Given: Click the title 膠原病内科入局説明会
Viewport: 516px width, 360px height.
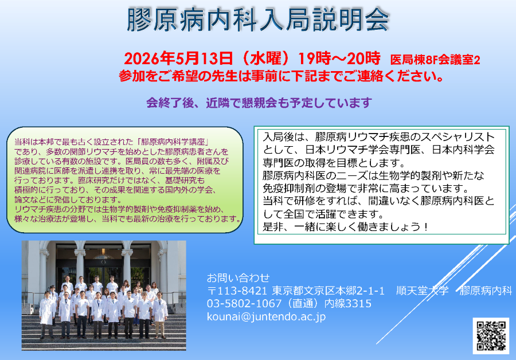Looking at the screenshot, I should (x=259, y=19).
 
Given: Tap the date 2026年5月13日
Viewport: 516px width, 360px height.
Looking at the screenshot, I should (x=178, y=58).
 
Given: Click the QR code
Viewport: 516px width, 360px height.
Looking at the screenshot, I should (x=491, y=335).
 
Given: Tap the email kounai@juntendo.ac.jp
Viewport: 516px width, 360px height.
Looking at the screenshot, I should (x=267, y=316).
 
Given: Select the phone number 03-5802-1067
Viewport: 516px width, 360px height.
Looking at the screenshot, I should (x=245, y=303).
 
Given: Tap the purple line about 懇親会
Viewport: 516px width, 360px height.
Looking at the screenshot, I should (x=259, y=103).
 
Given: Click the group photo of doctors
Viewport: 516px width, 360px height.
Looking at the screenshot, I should (x=104, y=295).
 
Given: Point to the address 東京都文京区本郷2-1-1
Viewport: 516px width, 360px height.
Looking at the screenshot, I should (x=328, y=291).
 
